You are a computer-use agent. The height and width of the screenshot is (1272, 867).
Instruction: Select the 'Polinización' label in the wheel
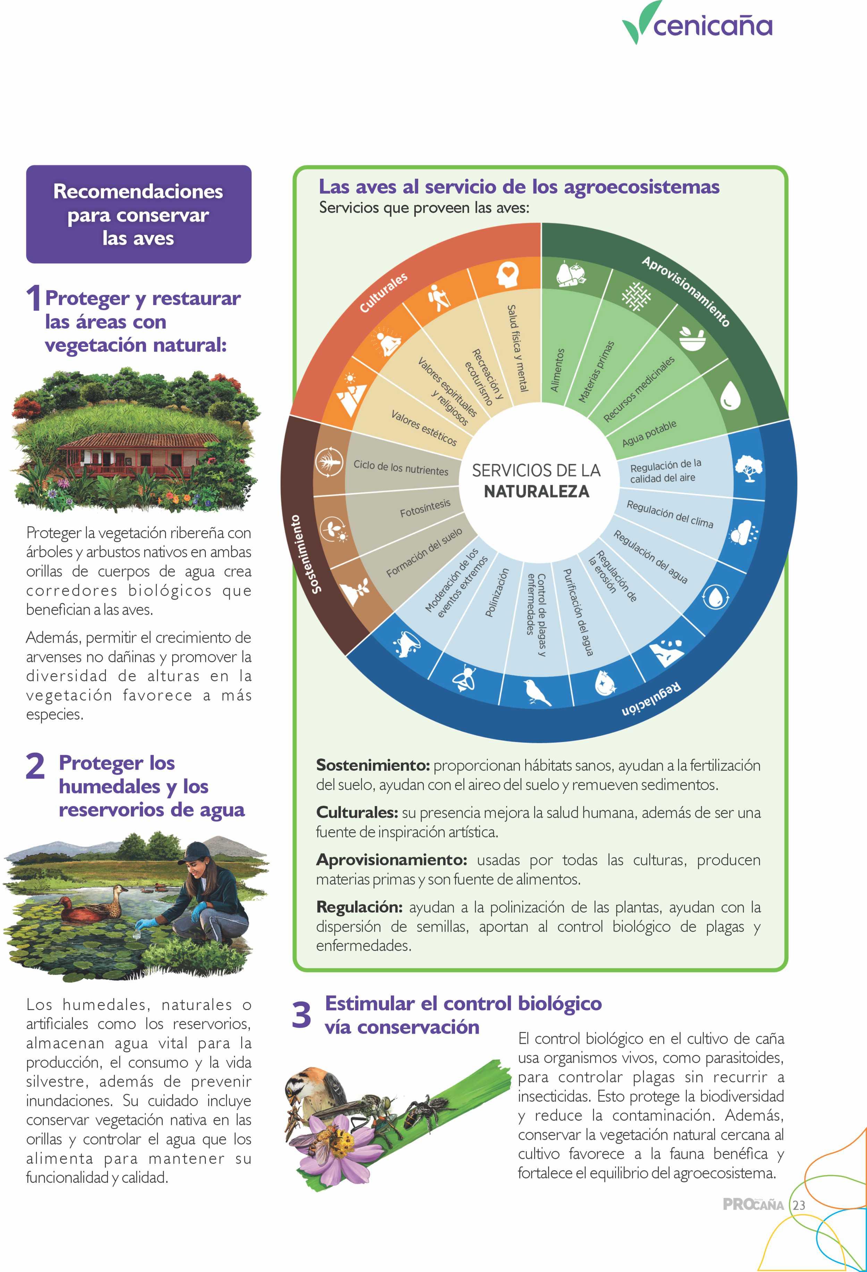coord(497,593)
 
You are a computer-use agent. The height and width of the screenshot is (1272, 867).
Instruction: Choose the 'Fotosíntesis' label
coord(425,508)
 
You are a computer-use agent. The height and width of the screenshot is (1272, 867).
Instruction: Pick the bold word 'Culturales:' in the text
coord(357,812)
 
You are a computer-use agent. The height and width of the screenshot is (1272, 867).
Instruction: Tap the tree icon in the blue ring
coord(748,468)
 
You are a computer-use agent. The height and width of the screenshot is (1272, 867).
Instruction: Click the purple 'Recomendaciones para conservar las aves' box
coord(138,214)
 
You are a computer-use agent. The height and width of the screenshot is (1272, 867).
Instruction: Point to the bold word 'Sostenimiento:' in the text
coord(373,765)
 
